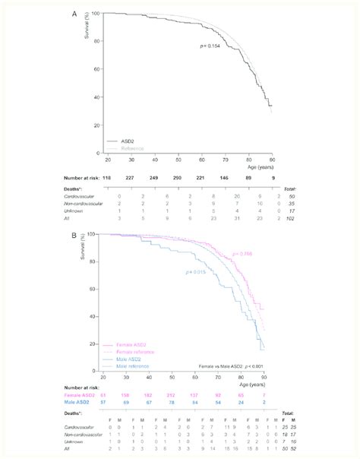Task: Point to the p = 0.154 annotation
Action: point(210,47)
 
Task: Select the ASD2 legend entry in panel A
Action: point(128,141)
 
